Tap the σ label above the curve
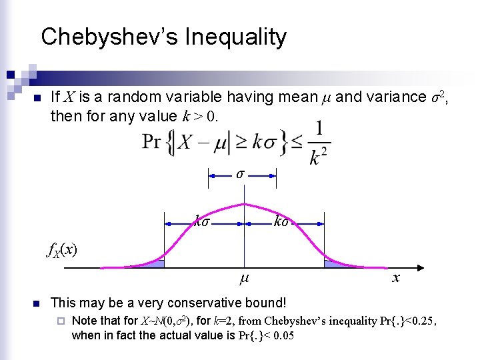point(241,174)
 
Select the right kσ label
point(281,221)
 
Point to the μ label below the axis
point(244,275)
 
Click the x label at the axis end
point(396,277)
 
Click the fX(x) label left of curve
point(61,250)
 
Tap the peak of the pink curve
point(245,204)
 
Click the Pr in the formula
point(151,142)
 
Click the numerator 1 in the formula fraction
point(319,128)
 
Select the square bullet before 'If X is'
point(37,99)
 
